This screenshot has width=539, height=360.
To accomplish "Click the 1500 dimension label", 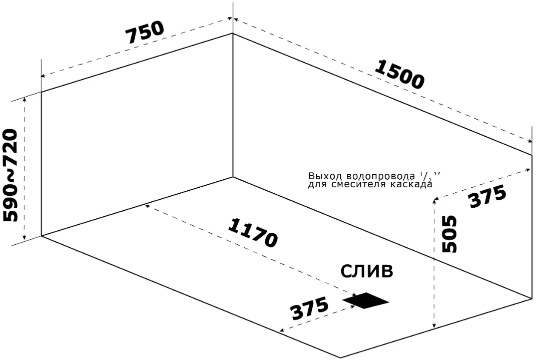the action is coord(399,74).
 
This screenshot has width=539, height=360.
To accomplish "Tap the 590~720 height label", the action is coord(11,175).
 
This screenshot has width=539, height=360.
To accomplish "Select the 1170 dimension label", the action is coord(253,232).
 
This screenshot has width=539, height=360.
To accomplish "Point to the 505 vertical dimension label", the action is coord(449,234).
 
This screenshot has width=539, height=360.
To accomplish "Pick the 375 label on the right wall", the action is coord(488,196).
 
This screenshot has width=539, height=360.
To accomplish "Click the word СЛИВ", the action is coord(366,271).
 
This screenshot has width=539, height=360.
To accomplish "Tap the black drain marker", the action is coord(365,300).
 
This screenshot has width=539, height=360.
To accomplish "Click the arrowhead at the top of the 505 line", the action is coord(435,202).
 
